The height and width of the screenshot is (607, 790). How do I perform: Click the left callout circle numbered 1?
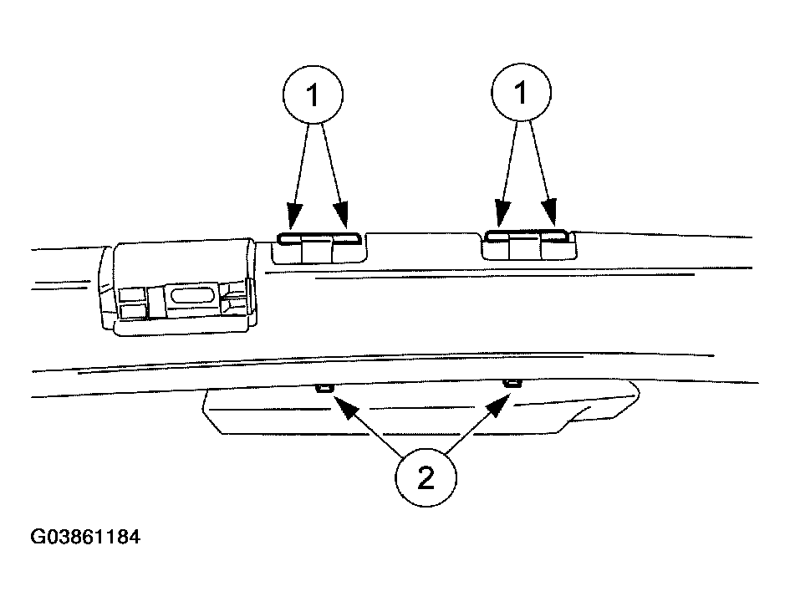tap(313, 94)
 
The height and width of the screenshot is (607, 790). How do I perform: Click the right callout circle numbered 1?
tap(522, 92)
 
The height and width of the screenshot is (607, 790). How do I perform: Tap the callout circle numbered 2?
tap(426, 477)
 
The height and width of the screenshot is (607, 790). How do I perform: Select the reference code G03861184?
tap(85, 537)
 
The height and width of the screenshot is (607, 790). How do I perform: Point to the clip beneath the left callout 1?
tap(319, 247)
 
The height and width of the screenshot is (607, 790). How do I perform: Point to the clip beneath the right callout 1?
tap(528, 245)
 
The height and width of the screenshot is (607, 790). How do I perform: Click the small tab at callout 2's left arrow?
tap(324, 387)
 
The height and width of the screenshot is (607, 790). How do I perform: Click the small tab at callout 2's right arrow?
tap(512, 384)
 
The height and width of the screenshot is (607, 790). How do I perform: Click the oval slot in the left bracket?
tap(193, 294)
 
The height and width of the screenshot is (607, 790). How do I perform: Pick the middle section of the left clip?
tap(317, 250)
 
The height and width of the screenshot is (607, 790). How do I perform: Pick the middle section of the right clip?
tap(525, 247)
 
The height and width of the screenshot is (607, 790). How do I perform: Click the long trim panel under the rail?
tap(420, 408)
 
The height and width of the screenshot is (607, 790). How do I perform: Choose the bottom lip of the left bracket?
tap(181, 328)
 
